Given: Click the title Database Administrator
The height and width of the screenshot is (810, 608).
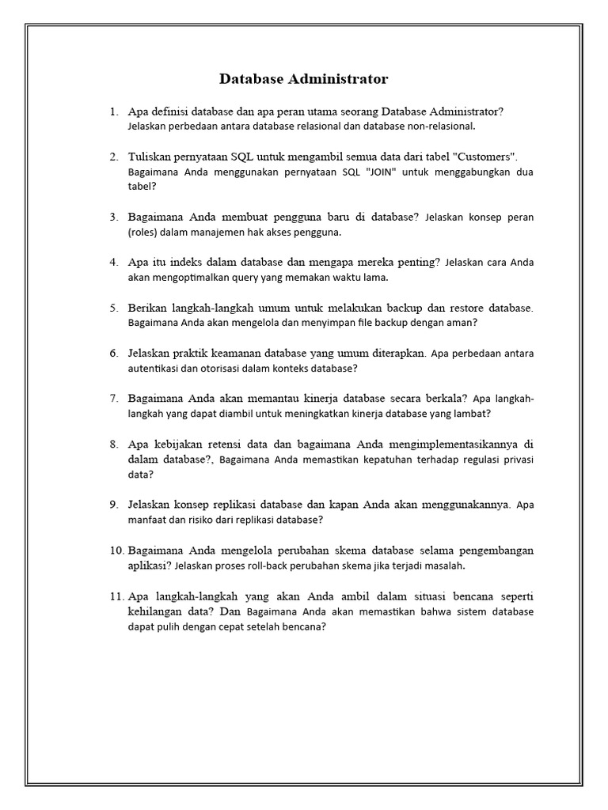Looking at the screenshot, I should [303, 79].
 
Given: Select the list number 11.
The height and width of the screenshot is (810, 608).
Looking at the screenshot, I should [117, 596].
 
